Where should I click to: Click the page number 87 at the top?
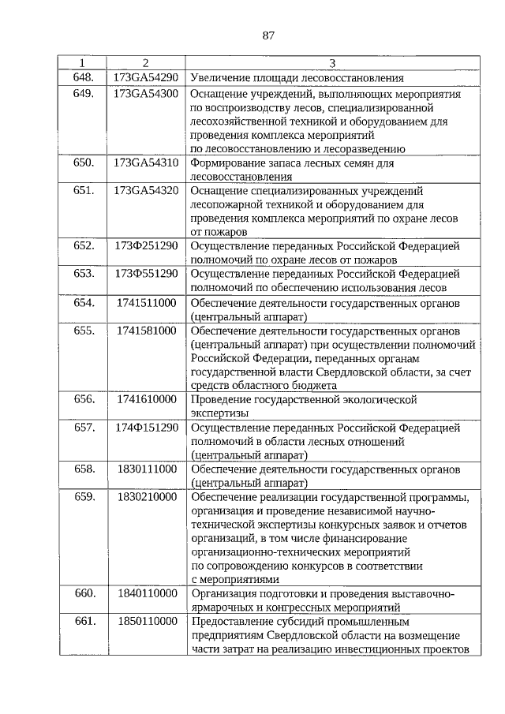pos(267,36)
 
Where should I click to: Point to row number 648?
pos(84,77)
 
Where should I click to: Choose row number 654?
pos(84,302)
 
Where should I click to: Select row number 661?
pos(84,622)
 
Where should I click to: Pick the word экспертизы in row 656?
pos(219,413)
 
